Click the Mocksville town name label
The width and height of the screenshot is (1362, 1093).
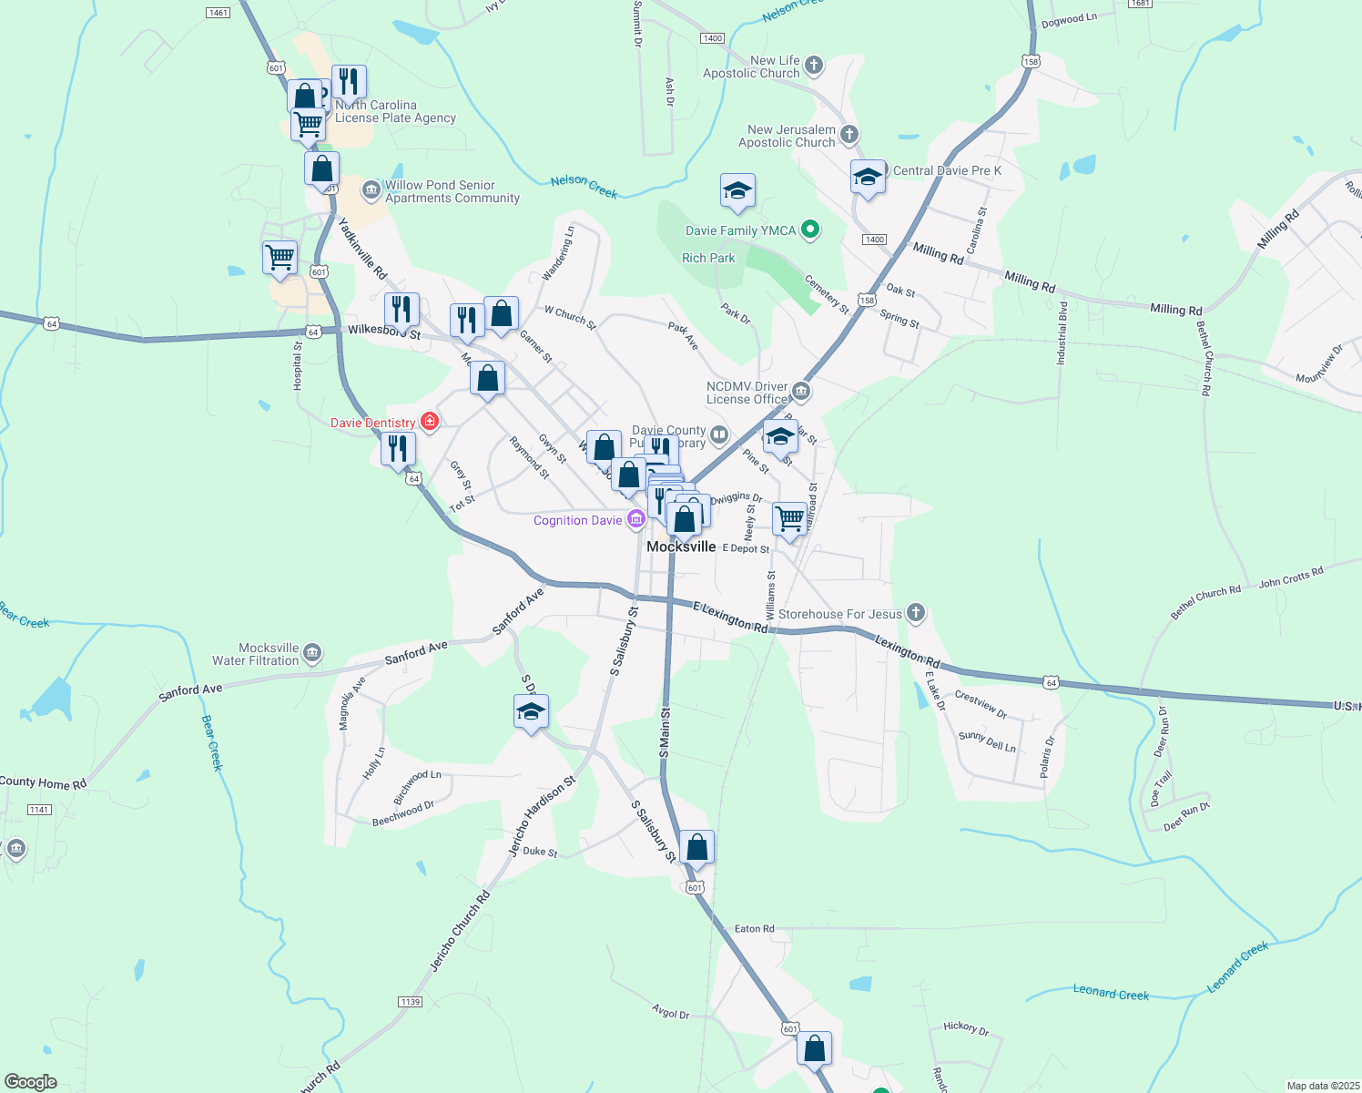(681, 546)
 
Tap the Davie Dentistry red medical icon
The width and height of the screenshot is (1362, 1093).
(431, 422)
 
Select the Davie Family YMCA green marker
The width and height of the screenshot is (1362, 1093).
(809, 230)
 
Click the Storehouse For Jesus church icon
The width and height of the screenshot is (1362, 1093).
(916, 614)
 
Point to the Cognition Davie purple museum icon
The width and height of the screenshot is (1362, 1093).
(635, 520)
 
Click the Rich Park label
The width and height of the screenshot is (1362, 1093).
(708, 258)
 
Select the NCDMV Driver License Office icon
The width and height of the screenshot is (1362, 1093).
(801, 393)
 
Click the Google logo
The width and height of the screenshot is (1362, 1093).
(30, 1082)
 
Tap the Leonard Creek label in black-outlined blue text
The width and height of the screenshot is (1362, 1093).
(1111, 993)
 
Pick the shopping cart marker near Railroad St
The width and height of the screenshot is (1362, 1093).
(789, 519)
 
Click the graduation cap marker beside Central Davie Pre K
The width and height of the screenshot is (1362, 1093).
(868, 177)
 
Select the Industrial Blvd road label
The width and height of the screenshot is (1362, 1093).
(1062, 333)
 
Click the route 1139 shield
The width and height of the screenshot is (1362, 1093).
(410, 1002)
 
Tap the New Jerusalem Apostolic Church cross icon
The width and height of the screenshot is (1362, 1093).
(849, 136)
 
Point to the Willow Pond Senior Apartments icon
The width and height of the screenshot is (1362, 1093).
(371, 190)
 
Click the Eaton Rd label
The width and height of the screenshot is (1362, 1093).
(754, 929)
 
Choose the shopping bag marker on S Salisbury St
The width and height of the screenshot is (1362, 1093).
(696, 848)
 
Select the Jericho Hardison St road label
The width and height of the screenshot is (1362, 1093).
(543, 815)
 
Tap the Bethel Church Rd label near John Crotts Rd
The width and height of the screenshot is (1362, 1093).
(1205, 604)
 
